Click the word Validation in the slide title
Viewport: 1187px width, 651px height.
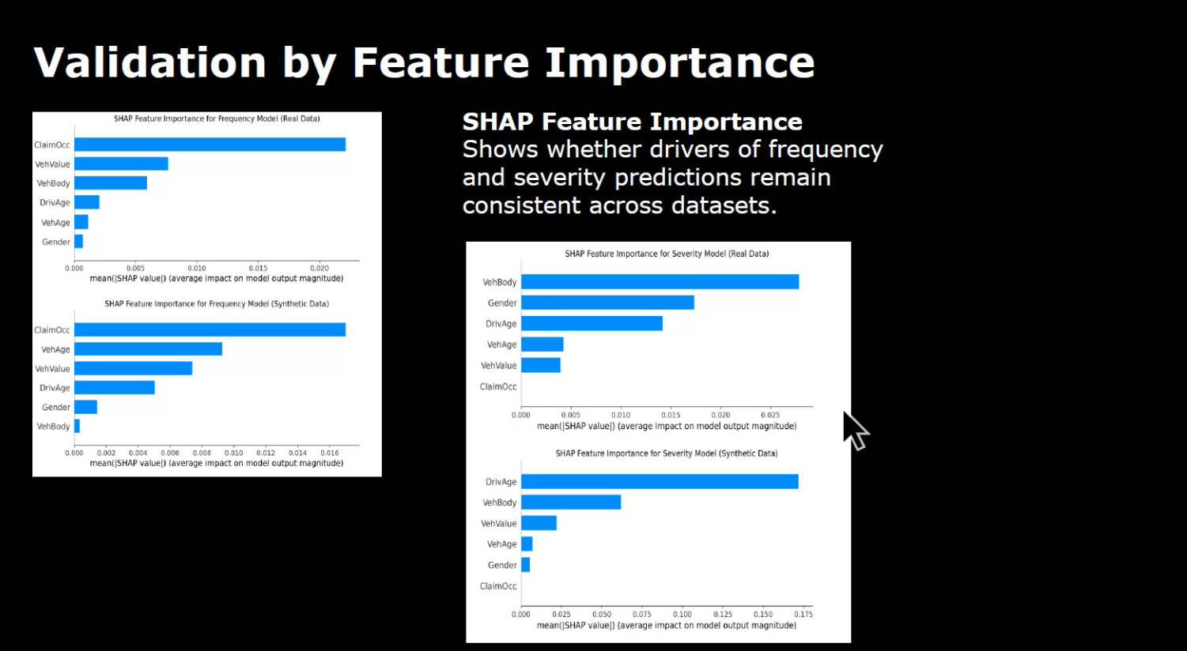click(x=150, y=62)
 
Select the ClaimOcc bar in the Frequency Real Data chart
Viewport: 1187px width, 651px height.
click(x=210, y=145)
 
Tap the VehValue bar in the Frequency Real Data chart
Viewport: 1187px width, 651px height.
click(x=121, y=164)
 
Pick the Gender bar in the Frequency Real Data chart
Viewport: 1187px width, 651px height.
click(x=78, y=242)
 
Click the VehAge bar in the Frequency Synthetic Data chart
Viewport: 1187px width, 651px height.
click(x=148, y=349)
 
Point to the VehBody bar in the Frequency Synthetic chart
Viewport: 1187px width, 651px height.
click(x=77, y=427)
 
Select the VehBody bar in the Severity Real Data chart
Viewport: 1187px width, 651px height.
click(x=660, y=282)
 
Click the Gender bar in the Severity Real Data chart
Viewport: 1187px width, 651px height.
click(x=607, y=303)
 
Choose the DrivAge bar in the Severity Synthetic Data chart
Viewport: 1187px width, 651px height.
click(x=660, y=482)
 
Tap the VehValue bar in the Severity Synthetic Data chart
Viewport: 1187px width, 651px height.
click(x=539, y=523)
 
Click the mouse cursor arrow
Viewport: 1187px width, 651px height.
click(x=854, y=430)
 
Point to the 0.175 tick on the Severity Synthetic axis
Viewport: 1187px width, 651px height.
click(x=803, y=614)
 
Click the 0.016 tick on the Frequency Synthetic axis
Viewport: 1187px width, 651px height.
click(x=329, y=453)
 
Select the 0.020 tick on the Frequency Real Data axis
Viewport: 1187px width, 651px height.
click(x=319, y=268)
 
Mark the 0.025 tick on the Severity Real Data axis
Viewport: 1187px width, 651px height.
click(x=769, y=415)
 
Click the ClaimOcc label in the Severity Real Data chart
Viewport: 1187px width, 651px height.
click(x=498, y=386)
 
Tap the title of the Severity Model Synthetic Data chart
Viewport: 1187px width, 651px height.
click(x=666, y=453)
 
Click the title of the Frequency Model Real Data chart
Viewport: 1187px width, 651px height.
click(x=217, y=119)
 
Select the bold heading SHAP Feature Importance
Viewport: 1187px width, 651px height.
click(x=632, y=122)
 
